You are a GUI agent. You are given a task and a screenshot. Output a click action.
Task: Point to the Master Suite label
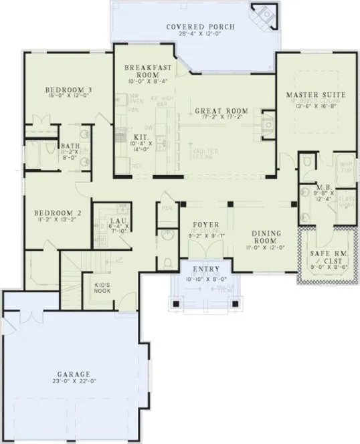(316, 95)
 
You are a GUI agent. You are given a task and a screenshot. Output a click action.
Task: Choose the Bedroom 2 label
(58, 213)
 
